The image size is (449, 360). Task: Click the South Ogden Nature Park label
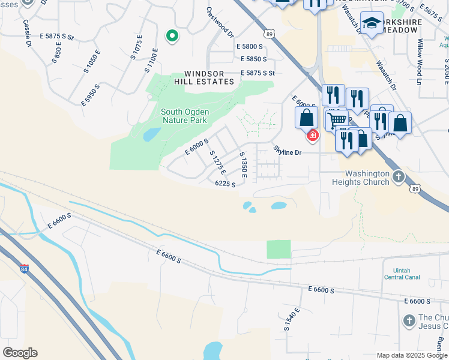184,116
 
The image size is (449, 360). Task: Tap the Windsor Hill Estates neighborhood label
203,77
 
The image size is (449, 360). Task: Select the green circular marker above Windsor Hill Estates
172,37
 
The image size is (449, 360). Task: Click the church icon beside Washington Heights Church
399,176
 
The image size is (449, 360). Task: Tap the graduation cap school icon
372,23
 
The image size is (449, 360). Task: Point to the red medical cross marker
312,136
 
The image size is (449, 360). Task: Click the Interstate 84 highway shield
24,268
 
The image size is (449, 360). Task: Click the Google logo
20,352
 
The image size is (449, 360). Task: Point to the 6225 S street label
225,184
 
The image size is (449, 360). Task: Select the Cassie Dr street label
26,33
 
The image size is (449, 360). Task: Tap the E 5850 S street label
253,59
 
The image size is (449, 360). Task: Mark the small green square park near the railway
279,250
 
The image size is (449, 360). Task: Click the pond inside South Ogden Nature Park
151,134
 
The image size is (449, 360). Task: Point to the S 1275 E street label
217,162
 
